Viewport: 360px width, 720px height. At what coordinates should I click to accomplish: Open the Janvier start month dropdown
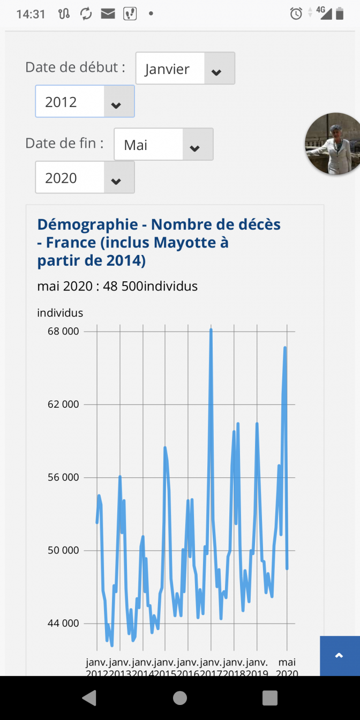coord(185,69)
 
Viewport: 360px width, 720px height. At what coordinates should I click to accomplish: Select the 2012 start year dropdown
coord(85,102)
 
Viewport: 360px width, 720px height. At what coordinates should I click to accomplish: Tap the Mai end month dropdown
coord(163,145)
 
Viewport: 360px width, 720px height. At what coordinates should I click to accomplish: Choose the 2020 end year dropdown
coord(85,178)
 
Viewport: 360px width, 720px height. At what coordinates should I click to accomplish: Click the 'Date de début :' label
coord(75,67)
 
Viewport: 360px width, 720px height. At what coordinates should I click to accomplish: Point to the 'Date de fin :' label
coord(64,143)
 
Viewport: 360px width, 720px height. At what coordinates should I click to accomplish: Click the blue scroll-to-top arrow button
coord(339,656)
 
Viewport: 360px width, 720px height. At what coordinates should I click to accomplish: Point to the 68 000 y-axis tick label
coord(63,331)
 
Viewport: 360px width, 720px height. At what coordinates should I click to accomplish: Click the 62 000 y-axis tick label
coord(63,404)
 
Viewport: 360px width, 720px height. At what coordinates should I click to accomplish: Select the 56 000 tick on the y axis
coord(63,477)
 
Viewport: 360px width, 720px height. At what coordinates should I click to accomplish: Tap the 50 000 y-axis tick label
coord(63,550)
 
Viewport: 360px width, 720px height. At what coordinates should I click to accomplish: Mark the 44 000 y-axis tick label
coord(63,624)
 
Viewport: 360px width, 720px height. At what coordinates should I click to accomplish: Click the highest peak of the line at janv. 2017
coord(211,330)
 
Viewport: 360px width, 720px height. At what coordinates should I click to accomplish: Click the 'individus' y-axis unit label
coord(60,313)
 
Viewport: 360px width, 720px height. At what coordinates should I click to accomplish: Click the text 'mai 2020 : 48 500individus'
coord(117,286)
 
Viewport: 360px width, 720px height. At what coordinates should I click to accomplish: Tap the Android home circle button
coord(180,697)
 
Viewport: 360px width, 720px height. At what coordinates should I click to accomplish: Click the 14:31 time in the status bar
coord(31,14)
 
